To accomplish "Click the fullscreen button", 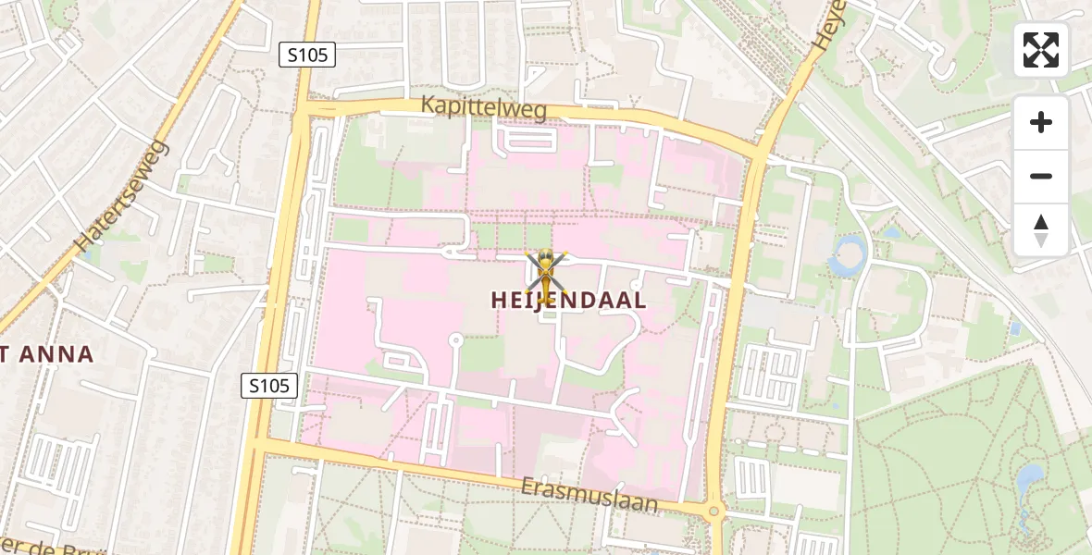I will [1041, 50].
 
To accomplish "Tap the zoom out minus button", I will [1041, 176].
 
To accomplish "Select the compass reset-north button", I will [1041, 229].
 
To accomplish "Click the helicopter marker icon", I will [546, 276].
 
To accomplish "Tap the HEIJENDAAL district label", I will [568, 301].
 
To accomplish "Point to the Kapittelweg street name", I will [483, 106].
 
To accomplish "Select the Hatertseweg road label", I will [122, 197].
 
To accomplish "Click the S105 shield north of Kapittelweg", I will [307, 55].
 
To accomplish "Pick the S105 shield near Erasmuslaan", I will [270, 386].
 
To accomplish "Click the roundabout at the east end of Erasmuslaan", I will [714, 511].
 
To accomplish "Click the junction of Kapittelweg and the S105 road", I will [303, 109].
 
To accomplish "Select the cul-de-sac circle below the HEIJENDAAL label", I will [454, 340].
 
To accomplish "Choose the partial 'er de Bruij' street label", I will [51, 546].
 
